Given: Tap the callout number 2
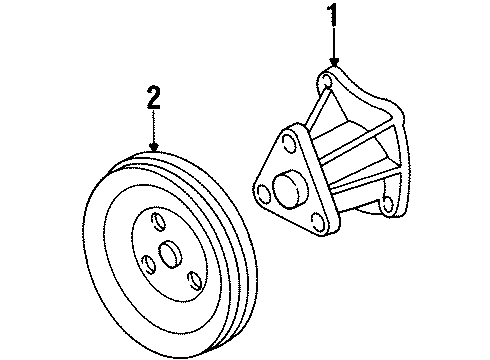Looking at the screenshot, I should (x=153, y=98).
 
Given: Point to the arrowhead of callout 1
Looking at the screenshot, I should (x=333, y=65).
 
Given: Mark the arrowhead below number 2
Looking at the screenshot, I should (x=153, y=150).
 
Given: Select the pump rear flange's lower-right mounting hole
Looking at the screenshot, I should (x=387, y=205).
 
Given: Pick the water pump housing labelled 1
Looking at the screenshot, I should (x=360, y=150).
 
